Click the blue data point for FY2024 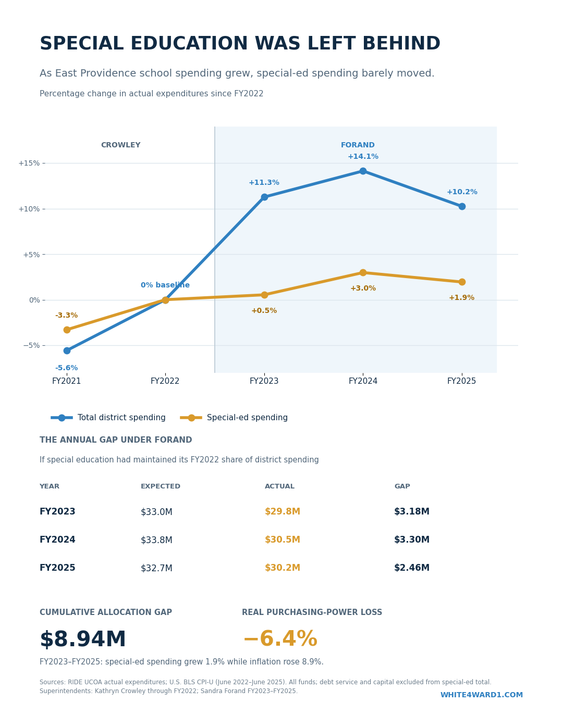coord(363,171)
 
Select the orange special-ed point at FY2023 coord(264,295)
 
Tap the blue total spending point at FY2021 coord(67,350)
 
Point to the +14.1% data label coord(363,156)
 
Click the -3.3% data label coord(66,315)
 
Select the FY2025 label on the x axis coord(461,381)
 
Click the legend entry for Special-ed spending coord(234,418)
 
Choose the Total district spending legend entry coord(108,418)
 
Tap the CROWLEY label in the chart coord(121,145)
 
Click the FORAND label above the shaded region coord(358,145)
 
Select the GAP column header coord(402,486)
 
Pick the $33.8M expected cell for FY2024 coord(156,540)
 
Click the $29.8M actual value coord(283,511)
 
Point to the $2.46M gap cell coord(411,568)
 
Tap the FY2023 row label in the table coord(57,511)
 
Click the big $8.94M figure coord(82,639)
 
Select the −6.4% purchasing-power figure coord(280,639)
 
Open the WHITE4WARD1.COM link coord(482,695)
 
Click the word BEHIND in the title coord(401,43)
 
